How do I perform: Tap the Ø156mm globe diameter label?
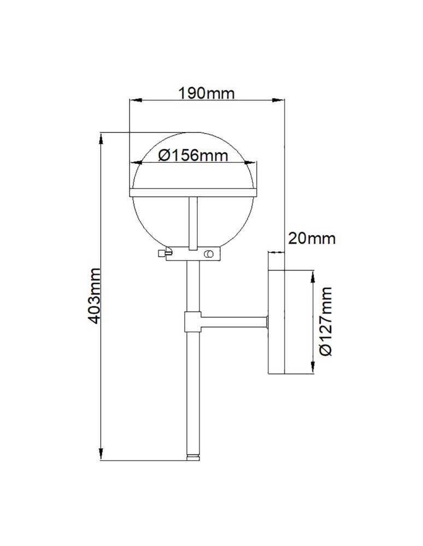coord(192,156)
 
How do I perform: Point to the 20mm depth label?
coord(311,239)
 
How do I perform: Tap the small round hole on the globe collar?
coord(208,253)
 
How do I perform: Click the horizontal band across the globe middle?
coord(193,192)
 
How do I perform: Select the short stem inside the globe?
coord(193,221)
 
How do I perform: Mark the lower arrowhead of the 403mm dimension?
coord(101,453)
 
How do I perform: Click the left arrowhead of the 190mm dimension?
coord(134,100)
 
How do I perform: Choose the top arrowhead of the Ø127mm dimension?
coord(313,276)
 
